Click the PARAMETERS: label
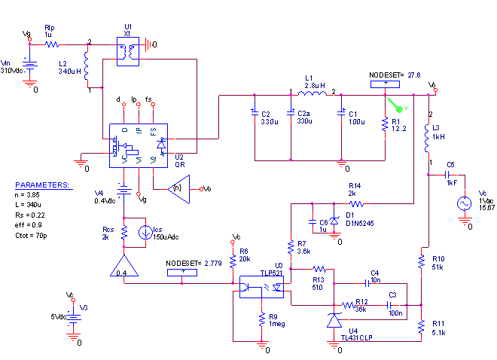pyautogui.click(x=43, y=185)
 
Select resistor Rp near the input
pyautogui.click(x=51, y=45)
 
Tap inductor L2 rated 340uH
pyautogui.click(x=87, y=69)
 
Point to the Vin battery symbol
pyautogui.click(x=29, y=69)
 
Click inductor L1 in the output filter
pyautogui.click(x=311, y=95)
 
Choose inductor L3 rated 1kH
pyautogui.click(x=427, y=139)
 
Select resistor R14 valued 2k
pyautogui.click(x=355, y=203)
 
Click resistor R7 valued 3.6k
pyautogui.click(x=291, y=246)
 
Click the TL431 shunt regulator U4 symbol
pyautogui.click(x=334, y=321)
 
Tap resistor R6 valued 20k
pyautogui.click(x=233, y=259)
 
